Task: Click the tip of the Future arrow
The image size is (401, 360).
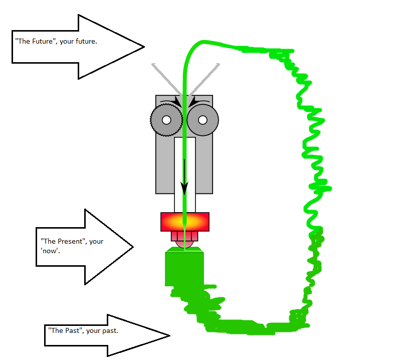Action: point(143,47)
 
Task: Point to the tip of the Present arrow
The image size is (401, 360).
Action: point(132,247)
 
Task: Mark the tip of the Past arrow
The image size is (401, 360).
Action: point(169,335)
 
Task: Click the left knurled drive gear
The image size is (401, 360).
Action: point(165,120)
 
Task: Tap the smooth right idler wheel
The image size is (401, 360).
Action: point(203,120)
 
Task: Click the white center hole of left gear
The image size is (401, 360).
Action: point(165,120)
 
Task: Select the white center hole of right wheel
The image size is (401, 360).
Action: point(203,120)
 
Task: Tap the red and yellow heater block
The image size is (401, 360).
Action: point(184,222)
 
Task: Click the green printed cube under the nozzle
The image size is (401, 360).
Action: point(184,268)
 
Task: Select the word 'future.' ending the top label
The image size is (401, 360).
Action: point(85,42)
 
